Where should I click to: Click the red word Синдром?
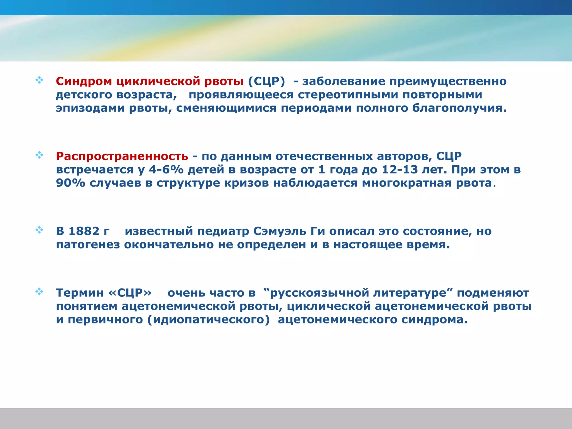point(84,81)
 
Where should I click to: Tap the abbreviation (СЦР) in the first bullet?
point(266,81)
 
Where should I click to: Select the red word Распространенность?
point(122,156)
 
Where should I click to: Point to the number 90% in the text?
point(70,183)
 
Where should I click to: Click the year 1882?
point(84,231)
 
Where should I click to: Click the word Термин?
point(80,293)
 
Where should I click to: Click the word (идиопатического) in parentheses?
point(208,320)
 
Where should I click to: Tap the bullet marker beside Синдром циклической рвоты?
point(39,80)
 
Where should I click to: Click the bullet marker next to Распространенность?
point(39,155)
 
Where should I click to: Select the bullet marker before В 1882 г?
point(39,230)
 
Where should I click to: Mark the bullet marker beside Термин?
point(39,292)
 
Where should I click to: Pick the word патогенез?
point(88,245)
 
